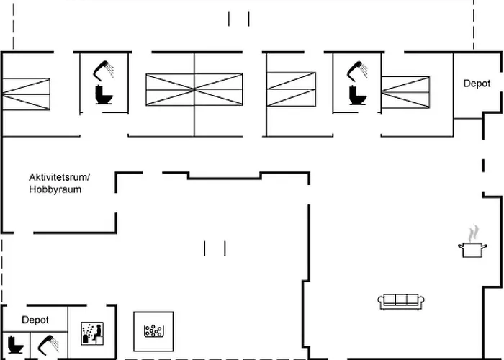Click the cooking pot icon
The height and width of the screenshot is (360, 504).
click(472, 250)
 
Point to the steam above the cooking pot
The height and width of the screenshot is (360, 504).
click(472, 233)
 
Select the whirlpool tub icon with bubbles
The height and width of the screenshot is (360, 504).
click(154, 331)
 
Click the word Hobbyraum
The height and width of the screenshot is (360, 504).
click(55, 189)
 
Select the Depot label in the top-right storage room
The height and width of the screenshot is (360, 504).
click(477, 84)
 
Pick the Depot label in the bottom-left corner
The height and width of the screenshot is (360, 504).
click(35, 320)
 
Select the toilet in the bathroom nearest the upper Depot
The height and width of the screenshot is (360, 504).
click(356, 95)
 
